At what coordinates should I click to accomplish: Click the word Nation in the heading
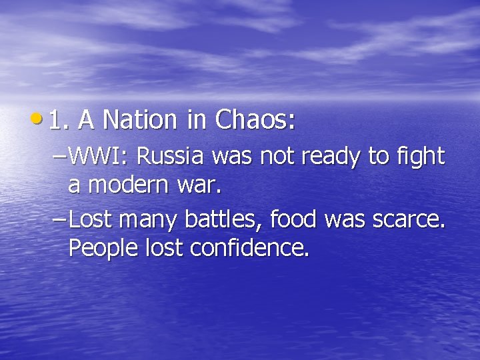pyautogui.click(x=139, y=121)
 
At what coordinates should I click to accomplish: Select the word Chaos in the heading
pyautogui.click(x=251, y=121)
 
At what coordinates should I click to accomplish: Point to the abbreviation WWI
pyautogui.click(x=101, y=157)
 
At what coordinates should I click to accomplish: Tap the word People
pyautogui.click(x=104, y=249)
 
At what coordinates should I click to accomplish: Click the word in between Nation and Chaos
pyautogui.click(x=197, y=120)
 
